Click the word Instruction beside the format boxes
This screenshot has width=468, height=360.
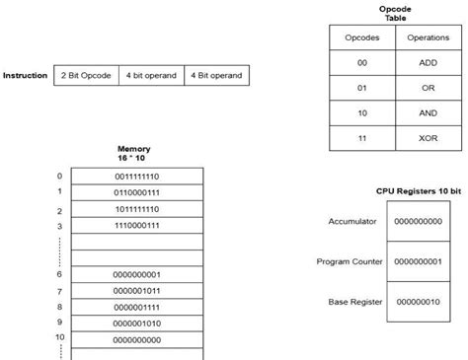click(26, 75)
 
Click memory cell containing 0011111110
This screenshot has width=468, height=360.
click(136, 176)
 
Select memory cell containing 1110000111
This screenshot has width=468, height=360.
click(136, 227)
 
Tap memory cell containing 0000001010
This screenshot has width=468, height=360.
click(136, 323)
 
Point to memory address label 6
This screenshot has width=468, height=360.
click(59, 273)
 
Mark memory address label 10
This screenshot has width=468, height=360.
click(58, 337)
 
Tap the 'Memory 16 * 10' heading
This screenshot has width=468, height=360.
click(133, 154)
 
